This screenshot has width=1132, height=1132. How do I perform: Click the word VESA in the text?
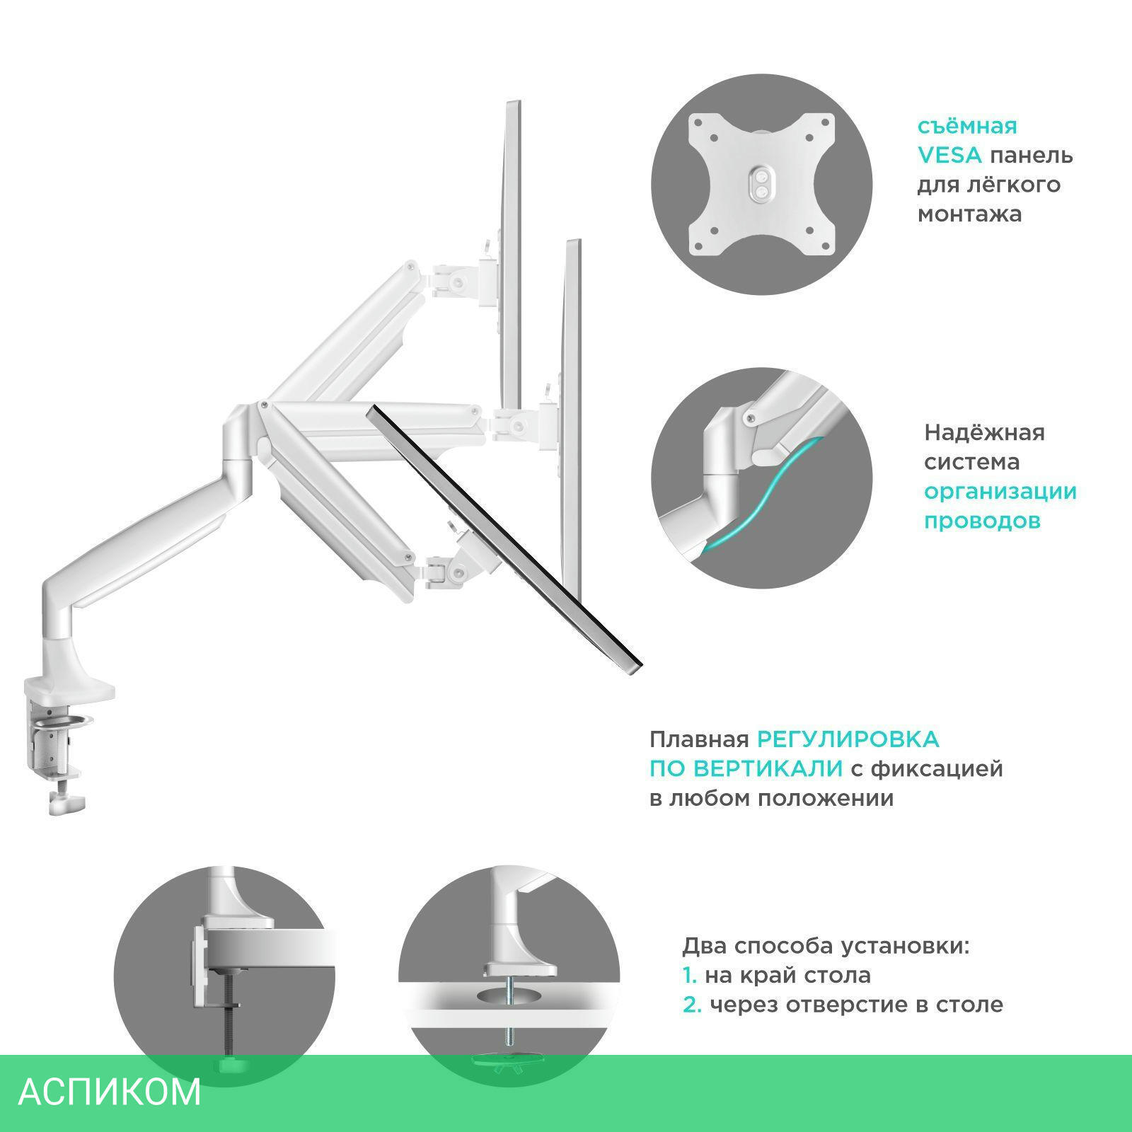[x=949, y=155]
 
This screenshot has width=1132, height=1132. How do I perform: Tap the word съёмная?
[x=967, y=126]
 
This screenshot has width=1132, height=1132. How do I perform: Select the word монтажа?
[x=969, y=214]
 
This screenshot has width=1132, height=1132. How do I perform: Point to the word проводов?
[x=982, y=521]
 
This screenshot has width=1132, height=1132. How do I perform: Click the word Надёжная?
[x=984, y=432]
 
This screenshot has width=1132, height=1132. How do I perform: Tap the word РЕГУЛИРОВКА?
[x=848, y=739]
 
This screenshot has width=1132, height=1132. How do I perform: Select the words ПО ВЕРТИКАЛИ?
[x=746, y=768]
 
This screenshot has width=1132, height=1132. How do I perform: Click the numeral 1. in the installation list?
[x=689, y=975]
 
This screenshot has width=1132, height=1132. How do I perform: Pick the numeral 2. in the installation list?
[x=692, y=1005]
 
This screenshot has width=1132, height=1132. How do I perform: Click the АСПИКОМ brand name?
[x=110, y=1092]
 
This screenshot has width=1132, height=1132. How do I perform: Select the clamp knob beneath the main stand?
[x=67, y=802]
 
